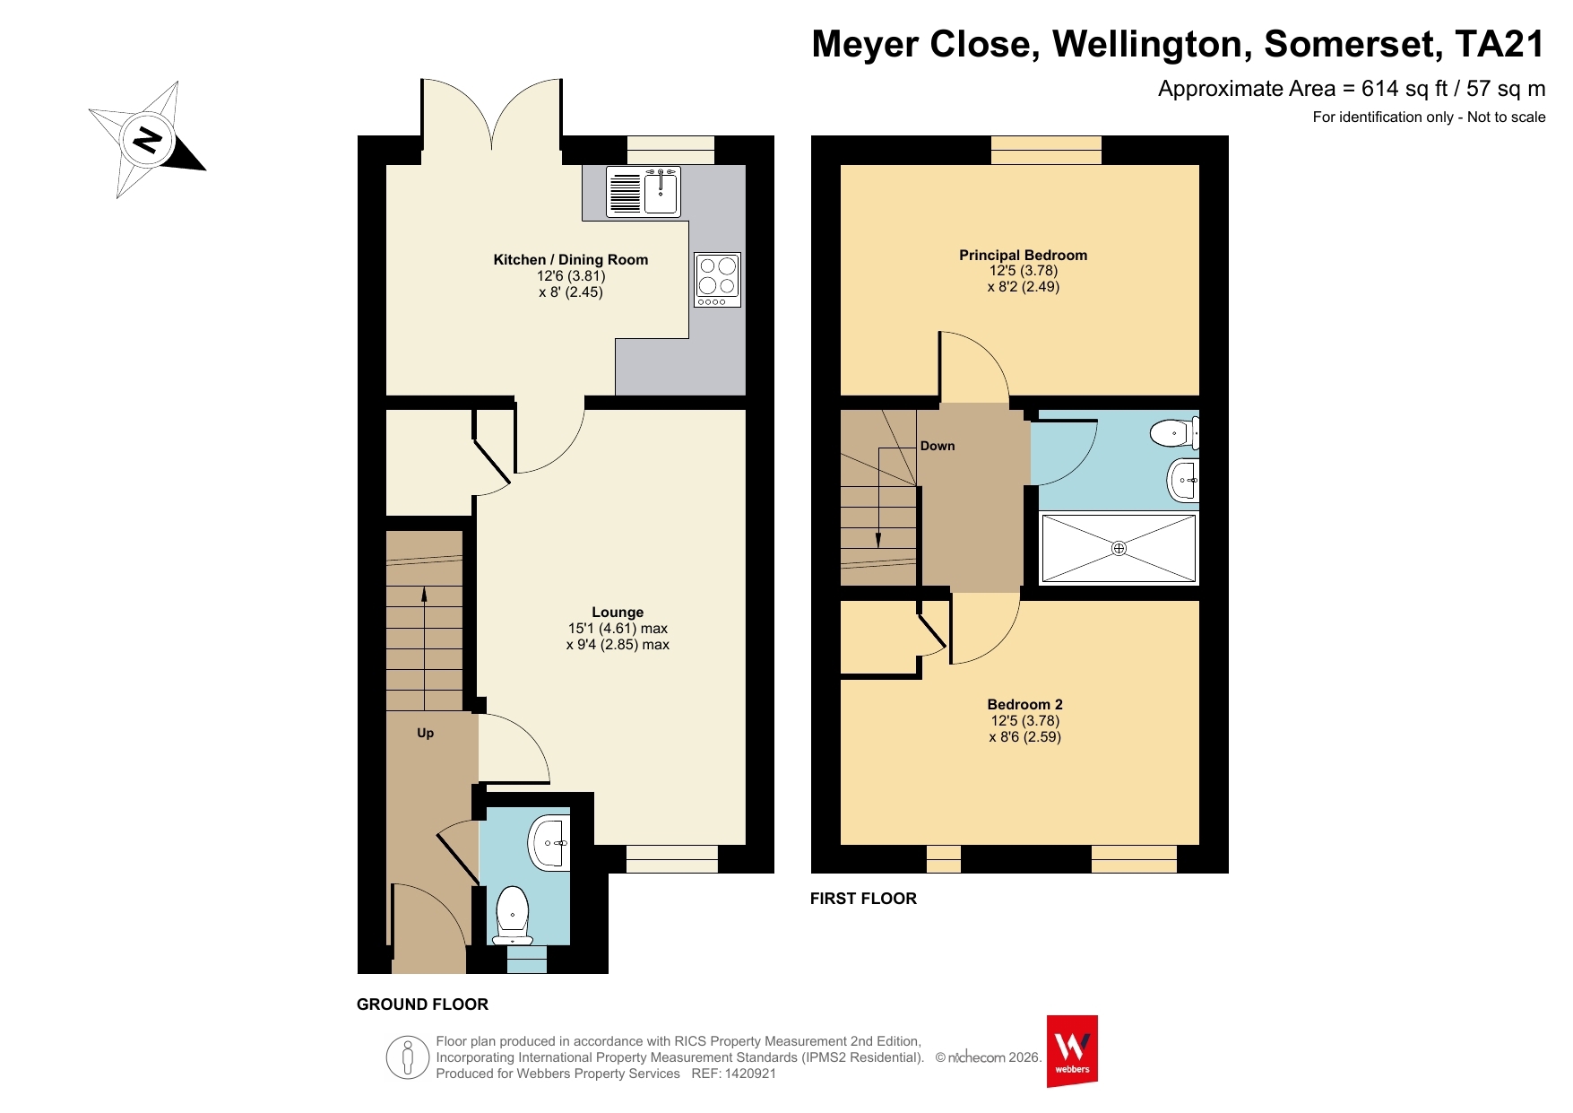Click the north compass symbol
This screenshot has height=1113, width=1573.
tap(148, 139)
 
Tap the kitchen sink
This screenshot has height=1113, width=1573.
tap(644, 192)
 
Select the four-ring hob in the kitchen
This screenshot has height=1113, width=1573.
tap(717, 280)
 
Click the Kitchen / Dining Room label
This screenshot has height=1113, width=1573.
tap(571, 260)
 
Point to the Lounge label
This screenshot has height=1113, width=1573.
tap(618, 613)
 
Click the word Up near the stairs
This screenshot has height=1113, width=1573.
tap(426, 734)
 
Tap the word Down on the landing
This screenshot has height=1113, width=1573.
tap(938, 446)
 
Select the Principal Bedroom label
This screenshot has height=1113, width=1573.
tap(1024, 256)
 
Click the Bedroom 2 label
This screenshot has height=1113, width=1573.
tap(1025, 705)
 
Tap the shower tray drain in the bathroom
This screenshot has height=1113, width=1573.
tap(1119, 548)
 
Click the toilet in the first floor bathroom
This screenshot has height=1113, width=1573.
tap(1175, 433)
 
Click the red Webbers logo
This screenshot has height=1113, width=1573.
tap(1072, 1051)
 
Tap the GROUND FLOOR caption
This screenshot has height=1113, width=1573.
tap(423, 1004)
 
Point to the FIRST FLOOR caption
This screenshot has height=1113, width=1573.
tap(863, 899)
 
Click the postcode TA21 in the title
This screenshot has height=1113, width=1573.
tap(1500, 44)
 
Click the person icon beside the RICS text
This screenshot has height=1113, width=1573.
tap(408, 1058)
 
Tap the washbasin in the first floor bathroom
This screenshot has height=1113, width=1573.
tap(1183, 481)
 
